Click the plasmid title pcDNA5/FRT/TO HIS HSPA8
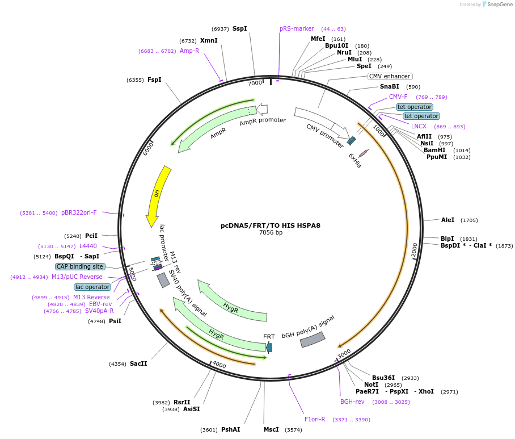(271, 225)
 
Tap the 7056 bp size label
(271, 233)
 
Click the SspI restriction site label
(239, 28)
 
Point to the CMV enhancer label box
(390, 76)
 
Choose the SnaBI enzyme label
(390, 87)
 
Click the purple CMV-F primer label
(398, 97)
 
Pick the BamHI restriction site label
(434, 150)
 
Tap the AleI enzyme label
(448, 220)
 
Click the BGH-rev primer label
(352, 402)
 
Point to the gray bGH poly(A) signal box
(313, 339)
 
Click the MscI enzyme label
(271, 429)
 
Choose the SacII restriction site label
(138, 363)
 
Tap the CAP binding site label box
(80, 266)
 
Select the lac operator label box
(92, 287)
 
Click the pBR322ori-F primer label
(79, 212)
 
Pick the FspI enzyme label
(154, 80)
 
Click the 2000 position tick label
(414, 250)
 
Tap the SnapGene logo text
(500, 5)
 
